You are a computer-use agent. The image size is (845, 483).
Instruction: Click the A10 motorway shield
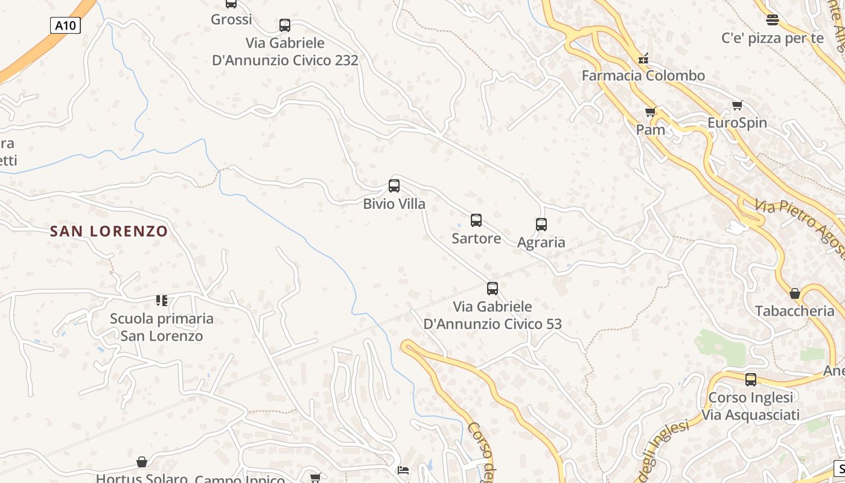[x=65, y=25]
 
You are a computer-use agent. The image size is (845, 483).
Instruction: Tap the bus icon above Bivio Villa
[x=394, y=186]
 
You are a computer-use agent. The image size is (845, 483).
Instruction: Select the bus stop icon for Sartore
[x=476, y=220]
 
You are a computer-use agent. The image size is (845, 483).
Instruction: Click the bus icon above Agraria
[x=541, y=225]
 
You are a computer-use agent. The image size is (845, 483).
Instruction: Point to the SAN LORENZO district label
[x=109, y=231]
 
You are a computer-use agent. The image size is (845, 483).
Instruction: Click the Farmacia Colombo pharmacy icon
[x=643, y=59]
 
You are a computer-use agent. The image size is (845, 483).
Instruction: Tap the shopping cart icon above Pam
[x=650, y=112]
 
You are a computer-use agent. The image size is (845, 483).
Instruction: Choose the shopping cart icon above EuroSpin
[x=737, y=106]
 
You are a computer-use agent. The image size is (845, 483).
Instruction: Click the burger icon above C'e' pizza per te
[x=772, y=20]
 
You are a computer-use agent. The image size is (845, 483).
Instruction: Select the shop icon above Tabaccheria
[x=795, y=293]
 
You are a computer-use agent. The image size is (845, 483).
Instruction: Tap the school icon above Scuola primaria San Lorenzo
[x=162, y=300]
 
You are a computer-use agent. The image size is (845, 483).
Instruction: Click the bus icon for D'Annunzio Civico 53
[x=493, y=289]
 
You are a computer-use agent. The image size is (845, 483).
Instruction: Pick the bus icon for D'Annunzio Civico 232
[x=285, y=25]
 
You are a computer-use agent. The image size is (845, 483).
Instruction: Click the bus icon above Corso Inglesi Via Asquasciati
[x=750, y=380]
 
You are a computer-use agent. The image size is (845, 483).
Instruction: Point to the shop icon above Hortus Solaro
[x=142, y=462]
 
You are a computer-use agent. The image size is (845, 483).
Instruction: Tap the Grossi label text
[x=231, y=19]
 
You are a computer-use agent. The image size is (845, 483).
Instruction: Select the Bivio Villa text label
[x=394, y=204]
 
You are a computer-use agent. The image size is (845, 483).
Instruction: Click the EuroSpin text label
[x=737, y=123]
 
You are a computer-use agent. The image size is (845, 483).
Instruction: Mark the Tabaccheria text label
[x=794, y=311]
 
